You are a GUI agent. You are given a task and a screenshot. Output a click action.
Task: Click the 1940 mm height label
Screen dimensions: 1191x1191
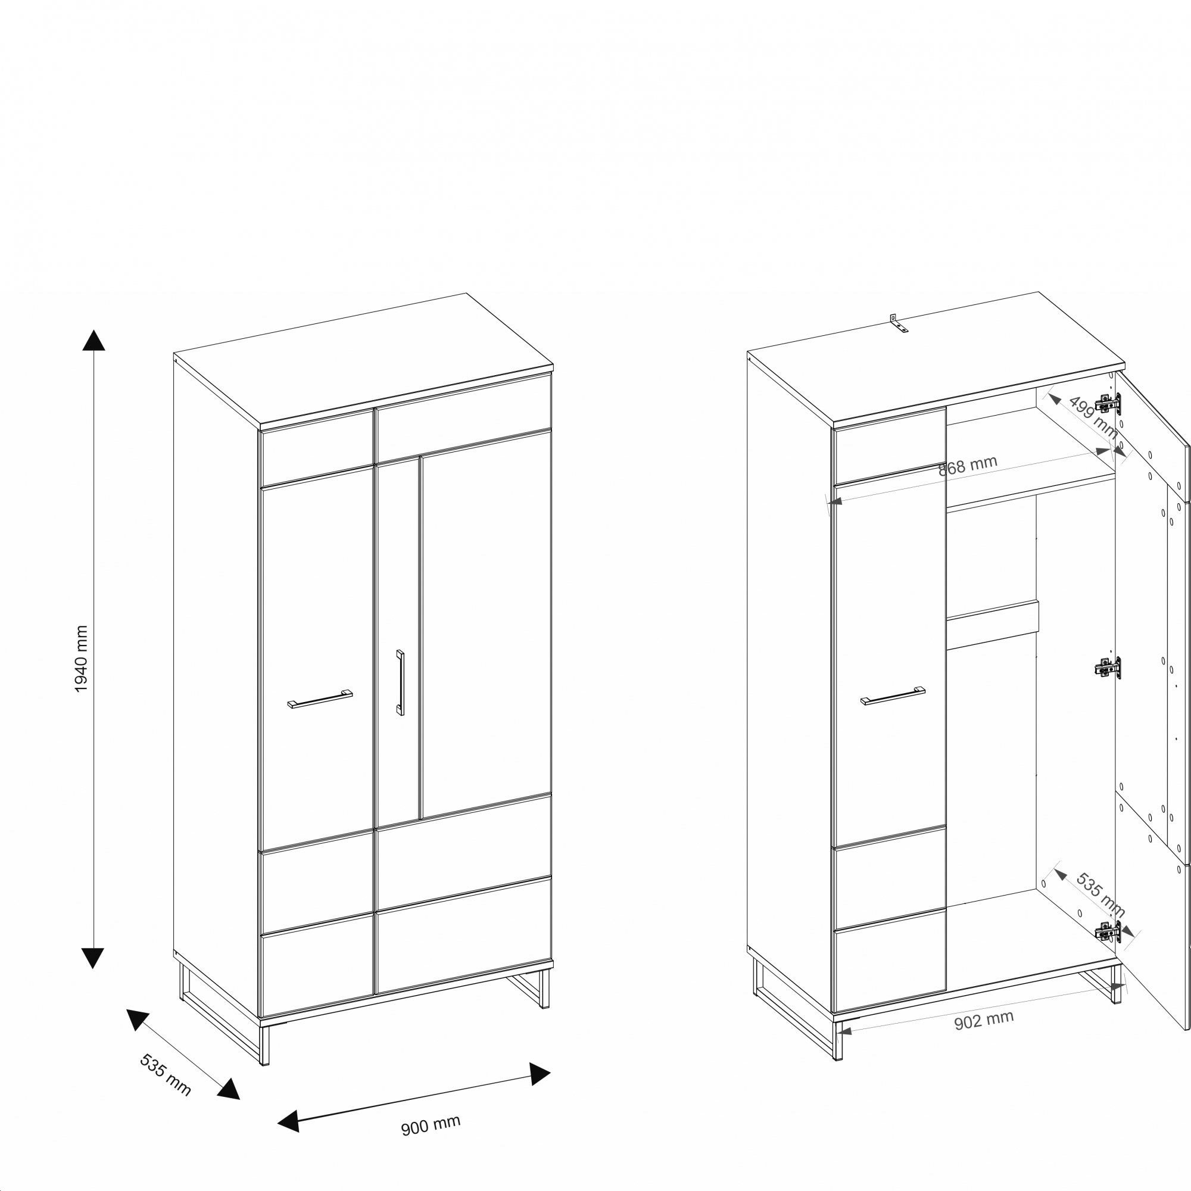point(82,659)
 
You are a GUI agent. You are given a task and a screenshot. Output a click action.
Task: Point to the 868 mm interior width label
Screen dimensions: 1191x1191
point(967,466)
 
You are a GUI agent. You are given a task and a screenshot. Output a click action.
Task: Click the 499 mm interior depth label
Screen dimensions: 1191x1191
point(1093,417)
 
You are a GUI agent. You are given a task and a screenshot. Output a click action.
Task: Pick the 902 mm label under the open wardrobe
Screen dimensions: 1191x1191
point(984,1021)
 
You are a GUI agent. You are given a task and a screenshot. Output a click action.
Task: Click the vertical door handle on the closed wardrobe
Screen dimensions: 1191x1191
point(400,682)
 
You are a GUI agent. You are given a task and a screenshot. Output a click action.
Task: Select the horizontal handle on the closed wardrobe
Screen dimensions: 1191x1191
point(320,699)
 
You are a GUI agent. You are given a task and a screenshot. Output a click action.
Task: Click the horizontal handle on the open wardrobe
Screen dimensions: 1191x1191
point(893,696)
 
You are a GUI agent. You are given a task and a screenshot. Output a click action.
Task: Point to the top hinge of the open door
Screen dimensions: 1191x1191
point(1108,404)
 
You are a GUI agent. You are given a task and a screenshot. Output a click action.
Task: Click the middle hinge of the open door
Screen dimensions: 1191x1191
point(1108,667)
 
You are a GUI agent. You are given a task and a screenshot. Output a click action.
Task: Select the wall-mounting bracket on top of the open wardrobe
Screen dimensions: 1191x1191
point(898,323)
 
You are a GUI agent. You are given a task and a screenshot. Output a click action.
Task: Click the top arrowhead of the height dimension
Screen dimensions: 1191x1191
point(93,339)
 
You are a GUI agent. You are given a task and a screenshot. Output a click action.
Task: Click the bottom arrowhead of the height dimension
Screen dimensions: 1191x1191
point(92,959)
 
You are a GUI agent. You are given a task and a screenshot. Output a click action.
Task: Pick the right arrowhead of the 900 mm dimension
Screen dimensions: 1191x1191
point(540,1074)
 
